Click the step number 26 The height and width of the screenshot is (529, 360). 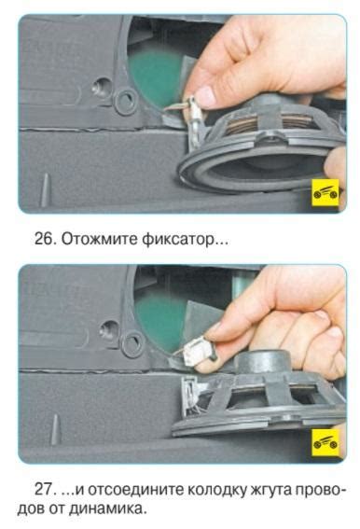45,239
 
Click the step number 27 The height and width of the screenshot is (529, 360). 45,489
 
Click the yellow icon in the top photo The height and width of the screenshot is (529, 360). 325,192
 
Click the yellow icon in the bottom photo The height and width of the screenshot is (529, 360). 325,442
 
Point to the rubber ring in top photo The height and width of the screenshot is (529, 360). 126,101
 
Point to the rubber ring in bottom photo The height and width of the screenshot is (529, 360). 133,343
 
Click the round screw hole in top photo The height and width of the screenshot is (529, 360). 103,87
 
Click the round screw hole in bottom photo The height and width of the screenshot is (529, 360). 109,329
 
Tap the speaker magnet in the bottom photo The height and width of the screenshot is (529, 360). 263,362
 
